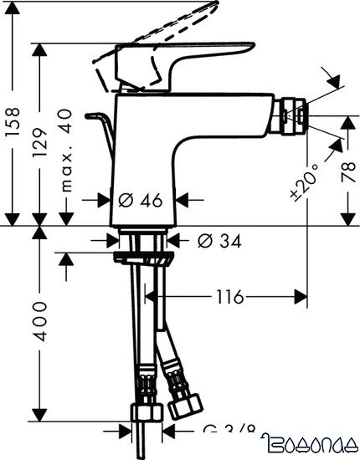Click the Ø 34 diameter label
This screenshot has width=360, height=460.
point(219,241)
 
